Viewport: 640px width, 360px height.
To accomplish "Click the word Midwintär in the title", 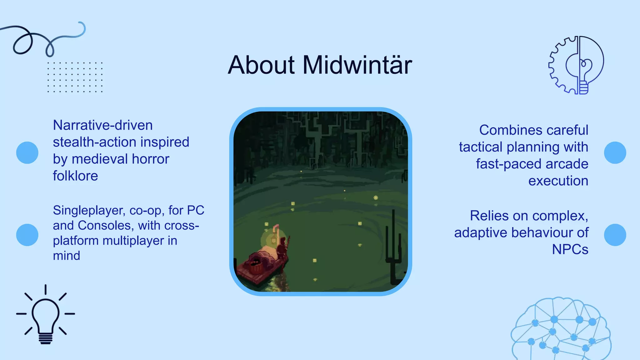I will point(357,65).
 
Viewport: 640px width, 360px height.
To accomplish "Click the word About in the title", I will point(261,65).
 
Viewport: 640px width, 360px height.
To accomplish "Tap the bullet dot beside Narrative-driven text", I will point(27,152).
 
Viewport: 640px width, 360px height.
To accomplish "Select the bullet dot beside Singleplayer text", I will point(27,235).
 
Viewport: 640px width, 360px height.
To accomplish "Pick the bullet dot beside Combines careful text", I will point(615,152).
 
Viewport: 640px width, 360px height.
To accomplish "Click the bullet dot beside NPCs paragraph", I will point(615,235).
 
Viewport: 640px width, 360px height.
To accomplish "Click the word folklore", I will point(75,176).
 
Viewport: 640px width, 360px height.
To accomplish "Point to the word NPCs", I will point(570,249).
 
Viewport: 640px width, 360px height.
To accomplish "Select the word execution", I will point(558,181).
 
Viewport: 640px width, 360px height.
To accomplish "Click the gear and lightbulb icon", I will point(576,65).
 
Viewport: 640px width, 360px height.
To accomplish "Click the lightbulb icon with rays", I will point(46,314).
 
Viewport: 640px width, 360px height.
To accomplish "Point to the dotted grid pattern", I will point(75,77).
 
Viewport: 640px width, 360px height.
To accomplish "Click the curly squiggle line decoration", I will point(44,39).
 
